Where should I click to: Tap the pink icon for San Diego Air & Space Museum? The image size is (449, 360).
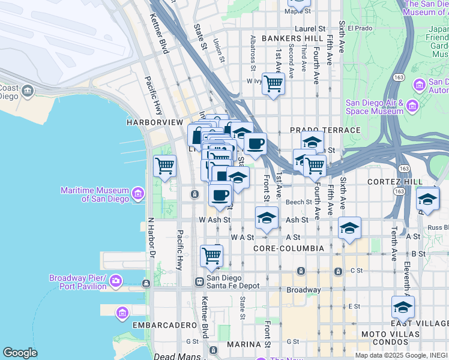coord(412,106)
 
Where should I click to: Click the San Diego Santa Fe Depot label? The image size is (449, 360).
coord(233,281)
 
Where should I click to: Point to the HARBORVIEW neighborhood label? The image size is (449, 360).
coord(154,122)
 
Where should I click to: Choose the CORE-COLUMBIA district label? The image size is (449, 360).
coord(289,248)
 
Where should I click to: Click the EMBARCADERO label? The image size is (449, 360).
coord(164,325)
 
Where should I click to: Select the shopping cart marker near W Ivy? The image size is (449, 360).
coord(273,83)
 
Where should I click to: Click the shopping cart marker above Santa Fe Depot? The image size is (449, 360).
coord(211,256)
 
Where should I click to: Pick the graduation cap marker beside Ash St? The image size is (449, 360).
coord(267,218)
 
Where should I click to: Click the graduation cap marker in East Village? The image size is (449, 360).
coord(403,307)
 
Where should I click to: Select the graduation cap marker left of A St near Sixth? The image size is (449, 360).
coord(349,228)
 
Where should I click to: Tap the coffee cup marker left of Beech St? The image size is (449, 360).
coord(220,194)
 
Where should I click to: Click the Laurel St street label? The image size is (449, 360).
coord(310,28)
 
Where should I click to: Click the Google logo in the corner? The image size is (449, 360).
coord(20,353)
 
